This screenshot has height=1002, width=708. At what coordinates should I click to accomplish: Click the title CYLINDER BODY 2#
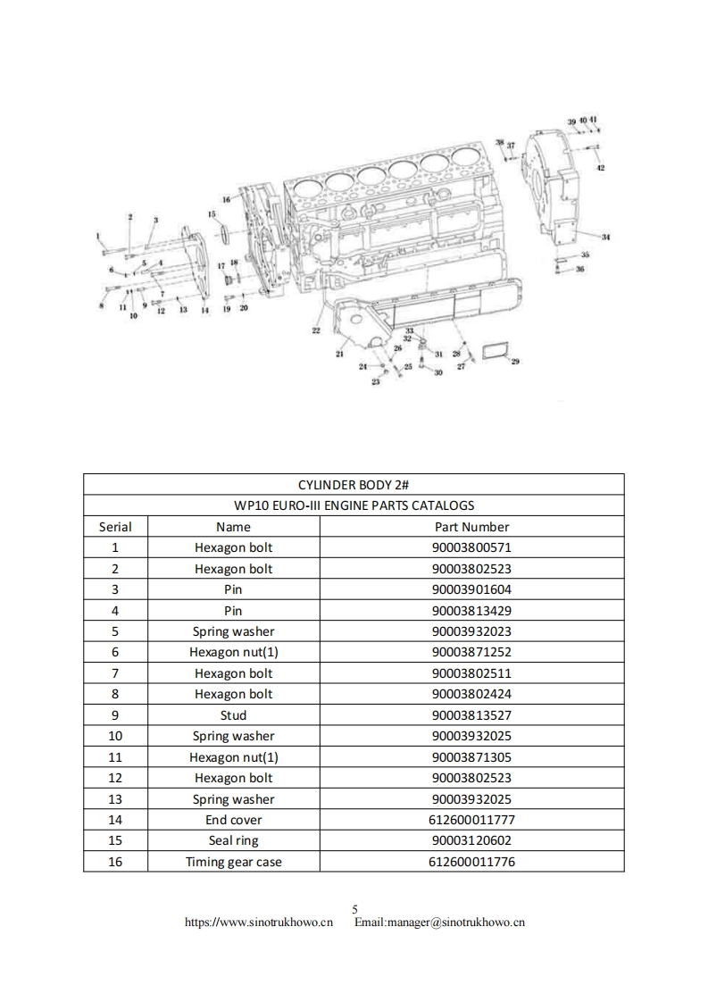[x=354, y=484]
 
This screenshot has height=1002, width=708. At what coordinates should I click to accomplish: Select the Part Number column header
[x=471, y=527]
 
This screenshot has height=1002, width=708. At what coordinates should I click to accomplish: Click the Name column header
[x=233, y=527]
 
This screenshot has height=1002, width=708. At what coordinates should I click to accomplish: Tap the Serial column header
[x=115, y=527]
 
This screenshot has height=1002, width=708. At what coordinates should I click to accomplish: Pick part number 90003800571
[x=471, y=547]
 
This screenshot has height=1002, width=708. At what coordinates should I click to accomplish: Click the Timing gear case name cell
[x=233, y=862]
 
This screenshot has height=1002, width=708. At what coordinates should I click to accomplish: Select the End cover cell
[x=233, y=820]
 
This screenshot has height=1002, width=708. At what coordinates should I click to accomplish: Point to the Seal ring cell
[x=233, y=840]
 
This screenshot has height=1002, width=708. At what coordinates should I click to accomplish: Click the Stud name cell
[x=233, y=715]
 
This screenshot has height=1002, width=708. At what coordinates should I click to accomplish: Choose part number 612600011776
[x=471, y=862]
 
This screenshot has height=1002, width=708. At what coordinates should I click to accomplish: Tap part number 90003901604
[x=471, y=589]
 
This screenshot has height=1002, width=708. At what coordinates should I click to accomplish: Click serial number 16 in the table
[x=115, y=862]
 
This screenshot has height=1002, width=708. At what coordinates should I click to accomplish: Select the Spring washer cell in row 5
[x=233, y=631]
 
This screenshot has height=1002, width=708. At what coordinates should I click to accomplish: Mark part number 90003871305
[x=471, y=757]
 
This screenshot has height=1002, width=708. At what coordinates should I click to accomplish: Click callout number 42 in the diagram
[x=601, y=168]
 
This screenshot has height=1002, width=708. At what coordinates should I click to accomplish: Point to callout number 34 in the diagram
[x=605, y=237]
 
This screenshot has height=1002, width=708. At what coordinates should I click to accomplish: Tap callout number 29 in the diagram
[x=516, y=362]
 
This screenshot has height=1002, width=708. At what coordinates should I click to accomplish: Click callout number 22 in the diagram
[x=316, y=330]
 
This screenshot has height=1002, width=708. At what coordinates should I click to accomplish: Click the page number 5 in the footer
[x=354, y=909]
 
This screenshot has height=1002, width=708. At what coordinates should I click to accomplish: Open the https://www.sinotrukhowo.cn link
[x=258, y=923]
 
